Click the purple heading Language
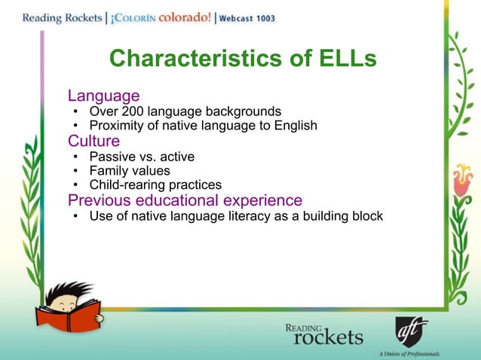click(x=103, y=96)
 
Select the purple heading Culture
click(x=93, y=141)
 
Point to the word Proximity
click(x=118, y=126)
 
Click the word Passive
click(x=111, y=157)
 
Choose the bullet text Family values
click(x=130, y=171)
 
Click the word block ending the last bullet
click(x=366, y=217)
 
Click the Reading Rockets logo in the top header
click(x=54, y=17)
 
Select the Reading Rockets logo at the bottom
click(x=323, y=332)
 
